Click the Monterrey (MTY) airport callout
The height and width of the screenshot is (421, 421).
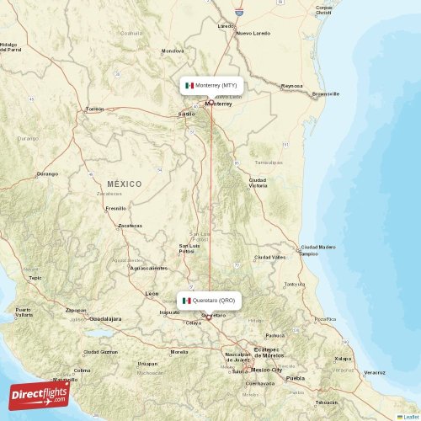click(x=212, y=85)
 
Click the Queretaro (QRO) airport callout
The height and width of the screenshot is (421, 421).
click(x=210, y=301)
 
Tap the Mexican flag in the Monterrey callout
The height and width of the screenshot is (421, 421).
click(x=189, y=85)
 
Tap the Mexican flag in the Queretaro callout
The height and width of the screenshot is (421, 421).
click(x=186, y=301)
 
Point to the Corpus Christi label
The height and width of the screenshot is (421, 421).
click(x=324, y=12)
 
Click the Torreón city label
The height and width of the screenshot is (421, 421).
click(x=93, y=109)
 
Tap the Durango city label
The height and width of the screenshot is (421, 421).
click(x=46, y=174)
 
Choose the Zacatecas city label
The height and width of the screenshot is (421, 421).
click(x=130, y=226)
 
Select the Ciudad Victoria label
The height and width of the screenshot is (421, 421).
click(x=258, y=182)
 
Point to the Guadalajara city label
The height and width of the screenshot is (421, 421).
click(x=105, y=319)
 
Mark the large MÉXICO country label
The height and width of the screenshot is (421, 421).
click(x=125, y=184)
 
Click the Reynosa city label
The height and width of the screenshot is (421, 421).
click(x=291, y=86)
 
